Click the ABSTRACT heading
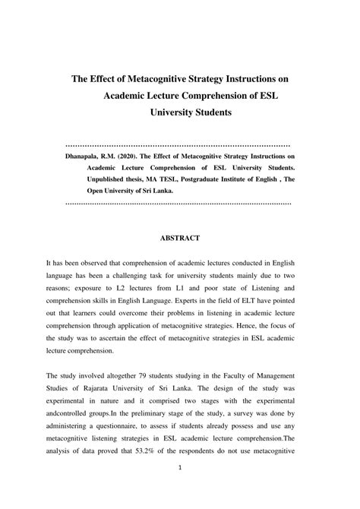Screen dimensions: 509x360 point(180,238)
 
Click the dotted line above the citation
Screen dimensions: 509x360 point(179,144)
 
